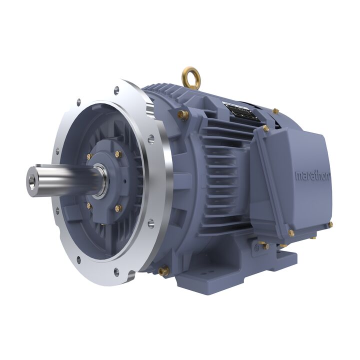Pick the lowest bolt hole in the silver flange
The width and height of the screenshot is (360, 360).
(116, 272)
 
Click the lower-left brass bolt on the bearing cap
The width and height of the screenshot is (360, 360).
(89, 205)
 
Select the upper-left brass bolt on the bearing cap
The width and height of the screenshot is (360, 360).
(89, 156)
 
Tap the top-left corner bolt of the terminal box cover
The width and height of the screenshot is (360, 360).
(266, 129)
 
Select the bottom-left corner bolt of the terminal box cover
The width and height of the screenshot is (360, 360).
(291, 233)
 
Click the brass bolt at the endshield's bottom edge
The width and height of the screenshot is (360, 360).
(163, 270)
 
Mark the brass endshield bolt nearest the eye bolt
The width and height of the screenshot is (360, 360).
(182, 115)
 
